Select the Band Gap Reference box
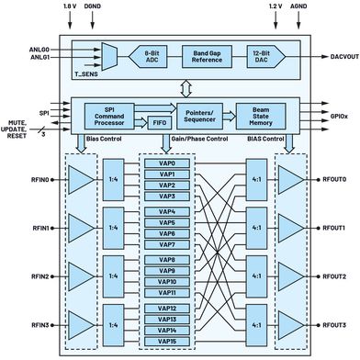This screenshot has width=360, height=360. pyautogui.click(x=207, y=58)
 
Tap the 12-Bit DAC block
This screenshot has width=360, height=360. pyautogui.click(x=265, y=58)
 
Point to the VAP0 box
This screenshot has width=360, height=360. pyautogui.click(x=166, y=163)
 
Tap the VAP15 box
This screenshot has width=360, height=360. pyautogui.click(x=166, y=342)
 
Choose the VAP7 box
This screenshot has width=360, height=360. pyautogui.click(x=166, y=245)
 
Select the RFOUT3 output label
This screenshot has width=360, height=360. pyautogui.click(x=332, y=325)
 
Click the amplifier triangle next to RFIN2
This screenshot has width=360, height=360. pyautogui.click(x=82, y=276)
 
